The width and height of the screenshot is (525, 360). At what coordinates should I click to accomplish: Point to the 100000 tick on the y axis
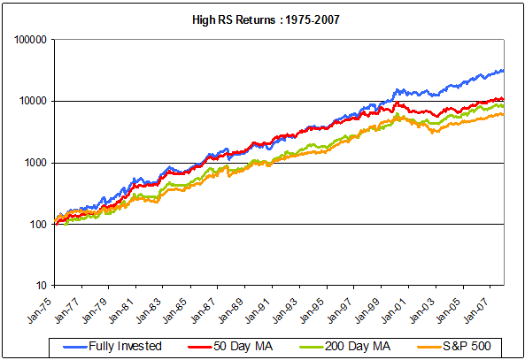(32, 40)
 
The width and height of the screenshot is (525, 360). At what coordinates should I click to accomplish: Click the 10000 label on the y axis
(35, 101)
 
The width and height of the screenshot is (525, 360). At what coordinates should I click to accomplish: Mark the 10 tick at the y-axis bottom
(42, 286)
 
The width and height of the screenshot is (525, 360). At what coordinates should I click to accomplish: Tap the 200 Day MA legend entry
(337, 343)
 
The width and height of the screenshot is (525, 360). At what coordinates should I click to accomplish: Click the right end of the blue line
(504, 70)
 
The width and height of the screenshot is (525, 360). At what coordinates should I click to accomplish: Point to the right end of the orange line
(504, 114)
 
